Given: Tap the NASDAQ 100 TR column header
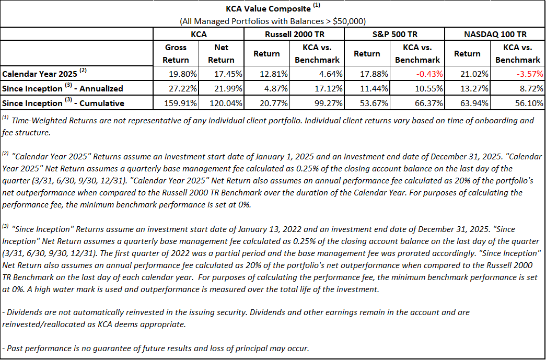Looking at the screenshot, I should [x=494, y=34].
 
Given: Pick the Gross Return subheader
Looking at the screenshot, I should [x=176, y=53].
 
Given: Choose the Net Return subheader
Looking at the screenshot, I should [x=221, y=53].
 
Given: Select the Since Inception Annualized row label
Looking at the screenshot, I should [x=63, y=88].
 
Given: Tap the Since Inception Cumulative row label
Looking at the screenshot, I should [x=63, y=103].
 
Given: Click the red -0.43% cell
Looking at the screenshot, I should [x=428, y=74].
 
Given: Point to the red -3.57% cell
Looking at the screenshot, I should [x=528, y=74].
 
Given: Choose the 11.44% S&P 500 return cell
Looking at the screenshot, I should [x=376, y=88].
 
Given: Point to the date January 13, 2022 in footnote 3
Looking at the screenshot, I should [x=268, y=229].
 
